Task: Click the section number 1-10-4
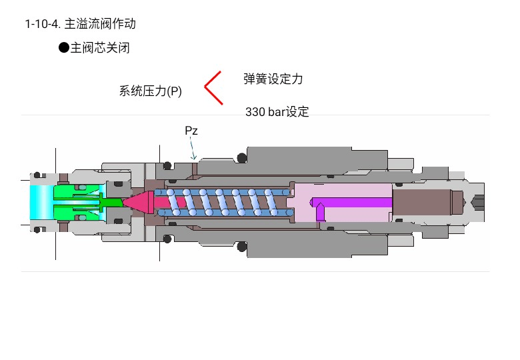(43, 25)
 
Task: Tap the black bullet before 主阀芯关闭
(64, 47)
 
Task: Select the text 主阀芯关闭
(100, 48)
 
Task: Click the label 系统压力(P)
(150, 91)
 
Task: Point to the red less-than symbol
(213, 87)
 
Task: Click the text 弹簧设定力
(273, 79)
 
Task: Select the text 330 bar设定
(277, 112)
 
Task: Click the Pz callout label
(191, 131)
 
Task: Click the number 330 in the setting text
(255, 112)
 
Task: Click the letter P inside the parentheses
(174, 91)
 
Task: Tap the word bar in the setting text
(277, 112)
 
